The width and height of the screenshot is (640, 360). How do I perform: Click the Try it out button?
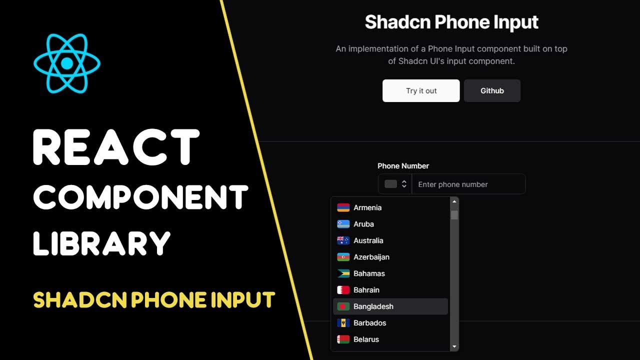421,90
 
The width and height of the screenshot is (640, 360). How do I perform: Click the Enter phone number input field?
468,184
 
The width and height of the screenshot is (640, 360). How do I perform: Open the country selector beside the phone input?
395,184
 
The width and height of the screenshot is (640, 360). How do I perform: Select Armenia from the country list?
367,207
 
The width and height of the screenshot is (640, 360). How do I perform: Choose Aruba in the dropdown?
363,224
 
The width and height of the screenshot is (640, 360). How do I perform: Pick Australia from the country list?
368,240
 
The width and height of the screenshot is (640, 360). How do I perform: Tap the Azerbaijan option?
371,257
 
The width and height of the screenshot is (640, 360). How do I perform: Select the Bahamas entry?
369,273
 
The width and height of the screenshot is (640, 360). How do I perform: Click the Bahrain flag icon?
343,290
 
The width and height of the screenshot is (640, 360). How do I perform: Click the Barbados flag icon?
343,323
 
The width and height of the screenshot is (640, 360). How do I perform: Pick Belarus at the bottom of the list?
366,339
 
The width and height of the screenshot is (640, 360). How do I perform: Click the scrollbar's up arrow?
454,201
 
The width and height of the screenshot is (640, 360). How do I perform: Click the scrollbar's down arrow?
454,346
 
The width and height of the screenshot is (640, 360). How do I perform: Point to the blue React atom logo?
67,64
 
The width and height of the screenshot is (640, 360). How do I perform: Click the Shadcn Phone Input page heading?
451,22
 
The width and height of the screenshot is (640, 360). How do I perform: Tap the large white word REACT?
116,147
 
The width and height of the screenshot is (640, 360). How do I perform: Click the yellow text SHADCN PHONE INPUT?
154,300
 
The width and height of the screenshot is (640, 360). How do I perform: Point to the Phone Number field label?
403,166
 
